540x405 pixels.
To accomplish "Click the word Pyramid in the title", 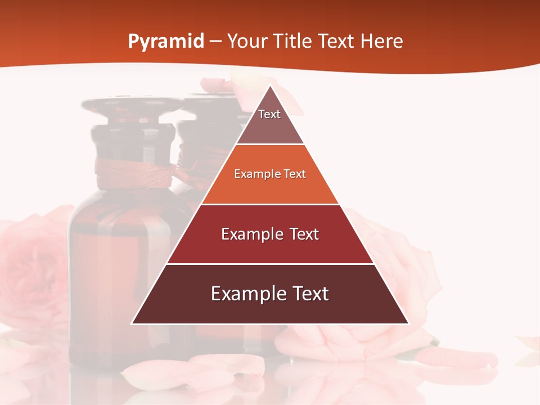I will (x=165, y=42).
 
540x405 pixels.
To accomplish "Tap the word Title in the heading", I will (x=293, y=41).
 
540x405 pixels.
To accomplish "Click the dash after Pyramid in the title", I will (x=215, y=42).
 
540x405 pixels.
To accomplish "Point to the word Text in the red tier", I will (x=303, y=234).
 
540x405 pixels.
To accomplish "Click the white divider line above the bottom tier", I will (x=270, y=264).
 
